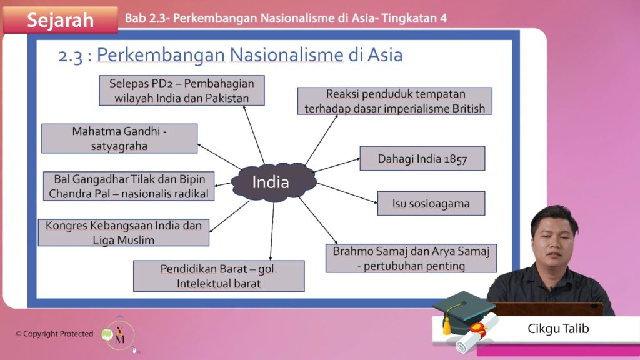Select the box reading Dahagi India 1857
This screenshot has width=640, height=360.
tap(422, 158)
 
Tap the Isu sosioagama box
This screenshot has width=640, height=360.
tap(431, 203)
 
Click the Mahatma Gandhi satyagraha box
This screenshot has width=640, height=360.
tap(119, 138)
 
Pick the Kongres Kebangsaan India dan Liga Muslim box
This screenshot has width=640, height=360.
tap(124, 232)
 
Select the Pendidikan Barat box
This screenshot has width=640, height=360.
tap(219, 276)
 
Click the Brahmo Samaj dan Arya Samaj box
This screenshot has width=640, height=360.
tap(411, 258)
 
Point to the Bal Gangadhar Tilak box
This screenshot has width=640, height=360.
tap(129, 186)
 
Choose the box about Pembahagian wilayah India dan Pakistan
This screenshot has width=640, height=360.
tap(182, 90)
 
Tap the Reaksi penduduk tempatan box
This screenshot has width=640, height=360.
tap(395, 101)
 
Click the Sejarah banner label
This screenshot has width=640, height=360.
tap(61, 20)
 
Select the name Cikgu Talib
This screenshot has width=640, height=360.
tap(558, 329)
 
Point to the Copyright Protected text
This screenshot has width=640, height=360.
tap(55, 334)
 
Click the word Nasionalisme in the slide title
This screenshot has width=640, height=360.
tap(286, 55)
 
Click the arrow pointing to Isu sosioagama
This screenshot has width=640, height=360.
tap(347, 193)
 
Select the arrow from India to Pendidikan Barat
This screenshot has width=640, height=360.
tap(272, 231)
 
